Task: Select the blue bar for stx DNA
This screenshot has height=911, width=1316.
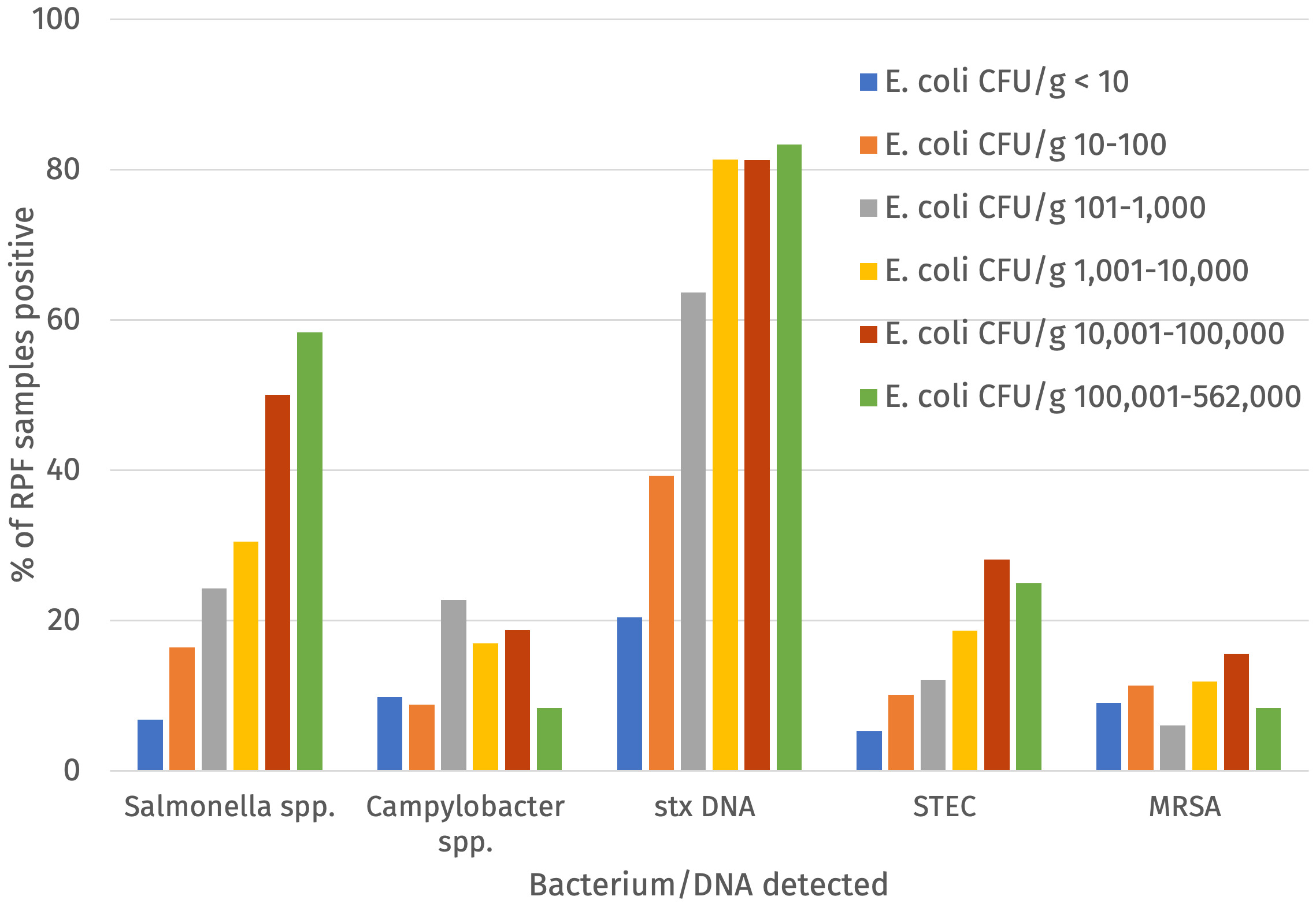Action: [x=629, y=694]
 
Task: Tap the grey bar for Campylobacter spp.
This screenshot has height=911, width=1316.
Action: [x=453, y=685]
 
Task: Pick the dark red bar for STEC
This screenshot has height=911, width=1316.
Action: [x=996, y=665]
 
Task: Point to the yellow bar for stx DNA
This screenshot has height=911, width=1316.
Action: [x=725, y=465]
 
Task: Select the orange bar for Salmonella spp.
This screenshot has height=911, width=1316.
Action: [x=182, y=709]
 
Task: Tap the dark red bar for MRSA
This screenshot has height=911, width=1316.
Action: [x=1236, y=712]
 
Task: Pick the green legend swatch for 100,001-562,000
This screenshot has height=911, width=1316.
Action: [x=868, y=397]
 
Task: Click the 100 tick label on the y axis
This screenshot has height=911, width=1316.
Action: [x=55, y=19]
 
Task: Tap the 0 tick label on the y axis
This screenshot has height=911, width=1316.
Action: [x=72, y=771]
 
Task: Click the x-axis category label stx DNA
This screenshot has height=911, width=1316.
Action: [x=705, y=806]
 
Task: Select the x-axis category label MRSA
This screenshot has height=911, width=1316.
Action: [x=1185, y=806]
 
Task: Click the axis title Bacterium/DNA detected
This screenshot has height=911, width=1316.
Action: [x=709, y=885]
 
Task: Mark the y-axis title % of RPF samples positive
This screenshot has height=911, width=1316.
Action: [x=23, y=393]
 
